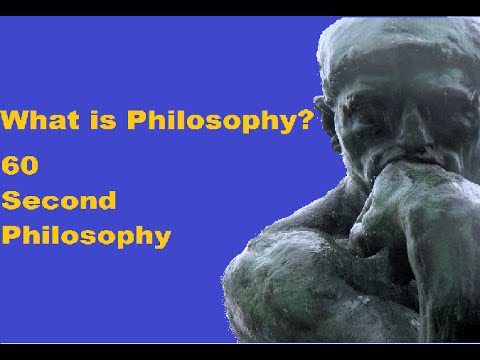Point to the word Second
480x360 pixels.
click(59, 200)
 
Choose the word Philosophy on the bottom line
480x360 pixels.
click(85, 238)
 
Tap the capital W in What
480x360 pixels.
click(16, 123)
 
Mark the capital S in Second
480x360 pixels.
click(12, 200)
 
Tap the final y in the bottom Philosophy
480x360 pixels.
click(161, 240)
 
